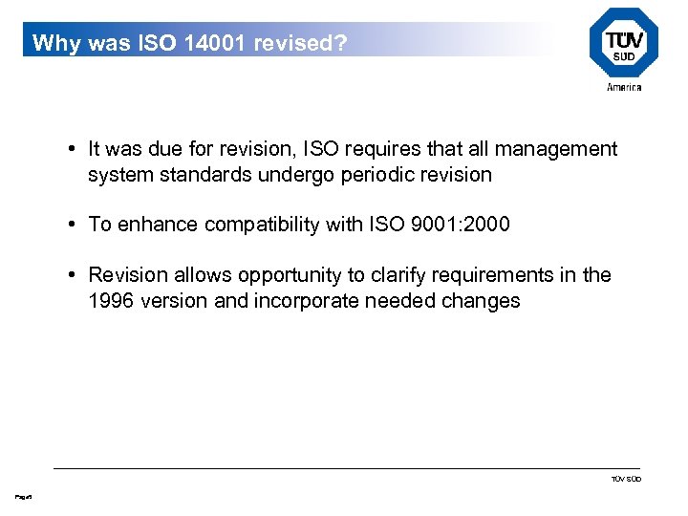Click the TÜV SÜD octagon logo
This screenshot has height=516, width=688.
(x=623, y=43)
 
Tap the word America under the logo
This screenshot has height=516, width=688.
(x=624, y=87)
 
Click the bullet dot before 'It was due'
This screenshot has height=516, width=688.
(x=73, y=149)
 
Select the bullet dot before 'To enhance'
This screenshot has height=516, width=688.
(x=73, y=225)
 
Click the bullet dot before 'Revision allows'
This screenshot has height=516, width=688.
(x=73, y=275)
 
